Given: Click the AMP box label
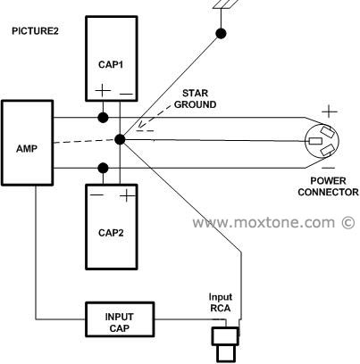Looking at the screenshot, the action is pos(27,148).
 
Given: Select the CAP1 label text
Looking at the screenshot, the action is pos(111,64).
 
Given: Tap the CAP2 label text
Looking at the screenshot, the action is pos(111,233).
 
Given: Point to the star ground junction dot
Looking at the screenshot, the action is pos(120,139).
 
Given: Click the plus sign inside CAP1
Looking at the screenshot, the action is pos(103,90).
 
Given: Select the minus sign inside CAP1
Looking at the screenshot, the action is pos(127,95).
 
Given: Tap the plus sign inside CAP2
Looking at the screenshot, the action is pos(127,195).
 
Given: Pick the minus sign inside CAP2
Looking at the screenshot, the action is pos(96,195).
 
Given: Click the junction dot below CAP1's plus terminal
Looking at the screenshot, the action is pos(103,118).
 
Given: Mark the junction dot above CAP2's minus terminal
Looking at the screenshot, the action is pos(103,168).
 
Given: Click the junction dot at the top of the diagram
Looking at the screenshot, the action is pos(221,34).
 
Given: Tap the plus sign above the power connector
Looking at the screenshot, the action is pos(330,112).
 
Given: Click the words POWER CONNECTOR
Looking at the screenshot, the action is pos(328,186).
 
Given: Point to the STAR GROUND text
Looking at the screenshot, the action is pos(195,99).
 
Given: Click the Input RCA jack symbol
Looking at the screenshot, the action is pos(226,344).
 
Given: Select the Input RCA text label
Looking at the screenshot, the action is pos(221,302).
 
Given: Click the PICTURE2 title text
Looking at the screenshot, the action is pos(35,31).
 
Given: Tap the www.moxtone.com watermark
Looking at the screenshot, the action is pos(273,222).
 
